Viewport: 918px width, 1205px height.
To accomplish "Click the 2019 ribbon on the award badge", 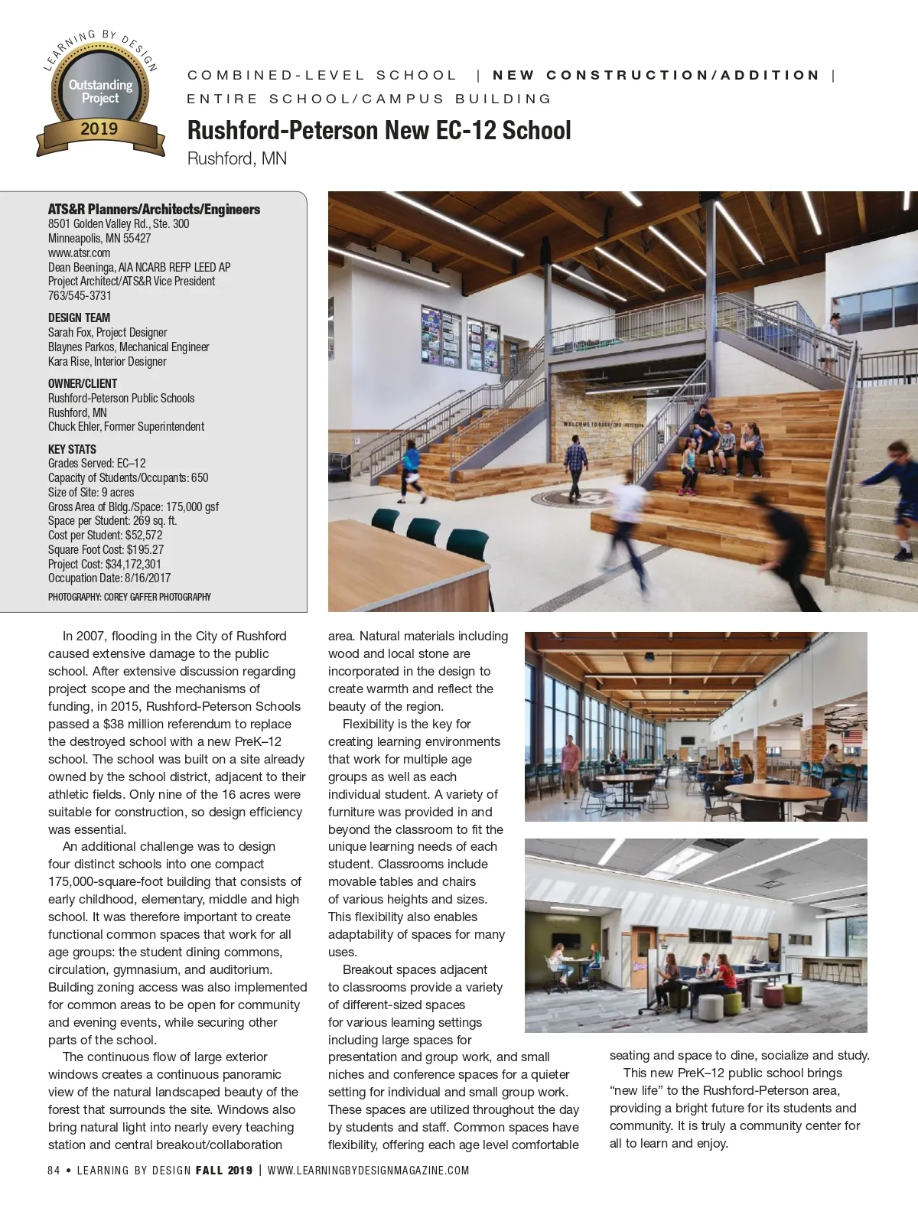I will (x=99, y=129).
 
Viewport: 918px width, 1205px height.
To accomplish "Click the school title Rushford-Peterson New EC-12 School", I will (x=379, y=130).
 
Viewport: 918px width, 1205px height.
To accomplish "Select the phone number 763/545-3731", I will (x=80, y=295).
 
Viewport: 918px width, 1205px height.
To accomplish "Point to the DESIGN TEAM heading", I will (x=79, y=318).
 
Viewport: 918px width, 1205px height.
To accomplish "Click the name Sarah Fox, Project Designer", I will (x=107, y=332).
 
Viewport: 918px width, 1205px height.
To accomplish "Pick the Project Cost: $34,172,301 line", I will (x=104, y=564).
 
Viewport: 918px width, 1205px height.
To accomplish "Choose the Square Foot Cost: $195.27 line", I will (x=106, y=549).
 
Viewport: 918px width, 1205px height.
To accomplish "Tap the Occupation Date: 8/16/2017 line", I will (x=109, y=578).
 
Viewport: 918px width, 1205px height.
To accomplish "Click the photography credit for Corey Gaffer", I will (x=129, y=597).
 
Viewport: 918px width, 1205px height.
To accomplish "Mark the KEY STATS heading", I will (x=72, y=449).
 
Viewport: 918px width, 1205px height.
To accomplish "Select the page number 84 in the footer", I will (x=54, y=1170).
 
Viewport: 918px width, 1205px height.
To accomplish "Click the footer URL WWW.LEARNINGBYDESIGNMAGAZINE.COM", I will (x=368, y=1170).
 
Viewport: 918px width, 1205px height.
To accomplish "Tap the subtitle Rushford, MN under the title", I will (x=236, y=159).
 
